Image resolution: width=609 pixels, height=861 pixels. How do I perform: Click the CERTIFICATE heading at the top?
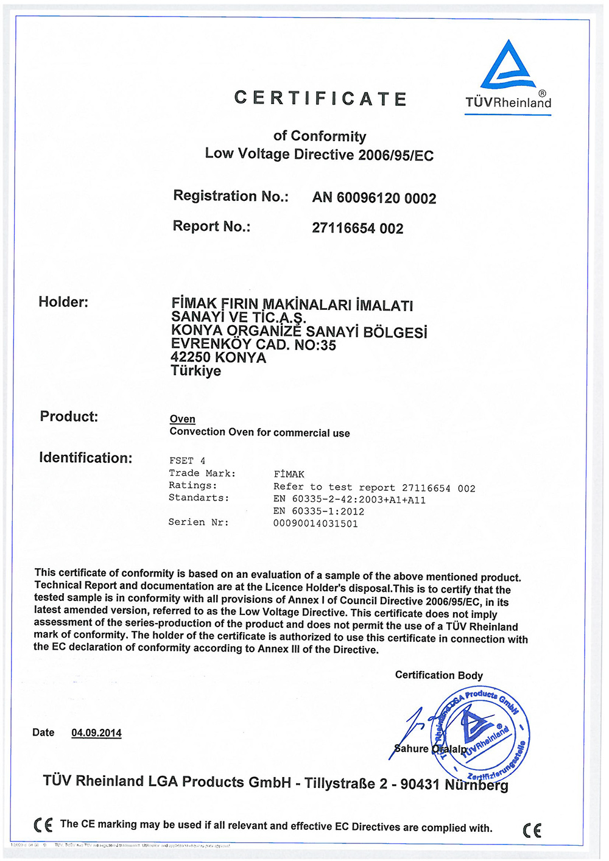pos(320,99)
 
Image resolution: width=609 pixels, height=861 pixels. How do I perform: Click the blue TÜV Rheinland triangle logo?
pos(509,66)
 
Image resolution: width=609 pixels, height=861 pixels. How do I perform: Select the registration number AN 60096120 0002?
pos(374,198)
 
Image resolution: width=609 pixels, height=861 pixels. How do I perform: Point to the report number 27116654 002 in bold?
pos(357,228)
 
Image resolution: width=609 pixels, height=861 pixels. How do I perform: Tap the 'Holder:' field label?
pos(63,302)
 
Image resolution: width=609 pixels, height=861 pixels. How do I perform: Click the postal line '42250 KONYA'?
pos(219,357)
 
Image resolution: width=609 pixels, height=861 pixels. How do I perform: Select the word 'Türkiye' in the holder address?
pos(196,371)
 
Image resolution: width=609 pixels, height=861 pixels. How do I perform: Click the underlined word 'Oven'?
pos(183,419)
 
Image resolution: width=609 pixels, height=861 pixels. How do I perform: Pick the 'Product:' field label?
pos(69,416)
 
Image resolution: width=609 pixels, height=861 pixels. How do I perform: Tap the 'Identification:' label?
pos(86,458)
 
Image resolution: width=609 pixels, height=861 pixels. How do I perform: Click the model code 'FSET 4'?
pos(188,461)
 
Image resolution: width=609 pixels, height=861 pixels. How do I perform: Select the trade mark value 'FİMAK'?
pos(289,474)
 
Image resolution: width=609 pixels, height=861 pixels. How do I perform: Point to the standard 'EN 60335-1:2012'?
pos(319,511)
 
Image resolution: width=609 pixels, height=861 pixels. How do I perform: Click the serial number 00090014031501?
pos(315,524)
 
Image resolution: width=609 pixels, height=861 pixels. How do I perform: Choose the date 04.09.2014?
pos(96,733)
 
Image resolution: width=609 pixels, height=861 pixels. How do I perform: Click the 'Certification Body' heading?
pos(438,675)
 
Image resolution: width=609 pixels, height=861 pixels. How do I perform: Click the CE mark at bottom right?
pos(532,830)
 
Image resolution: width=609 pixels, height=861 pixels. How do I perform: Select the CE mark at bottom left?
pos(43,825)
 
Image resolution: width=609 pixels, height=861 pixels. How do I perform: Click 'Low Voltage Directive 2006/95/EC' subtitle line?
pos(319,155)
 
